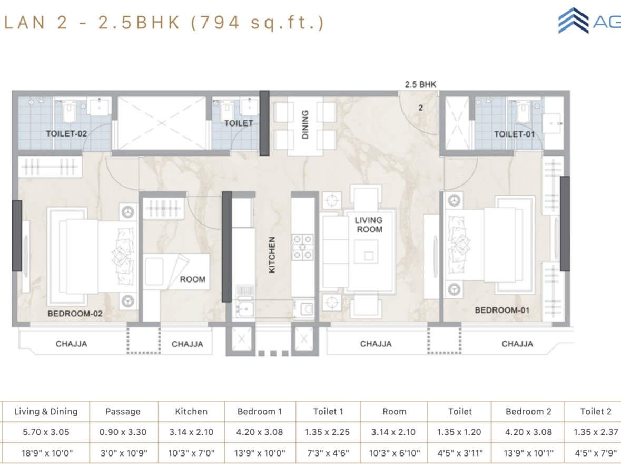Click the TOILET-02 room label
66,133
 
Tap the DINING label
305,124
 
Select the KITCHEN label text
272,255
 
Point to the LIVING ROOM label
369,225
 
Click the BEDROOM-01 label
502,310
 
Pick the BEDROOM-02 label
75,314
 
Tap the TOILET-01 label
514,134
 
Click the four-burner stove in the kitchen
302,247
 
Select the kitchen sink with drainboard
245,302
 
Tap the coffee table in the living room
366,251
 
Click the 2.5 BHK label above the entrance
420,84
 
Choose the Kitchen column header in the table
191,412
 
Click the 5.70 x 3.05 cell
46,432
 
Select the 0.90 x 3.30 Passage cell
123,432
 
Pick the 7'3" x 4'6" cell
328,452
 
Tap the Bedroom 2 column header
528,412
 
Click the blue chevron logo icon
573,21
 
